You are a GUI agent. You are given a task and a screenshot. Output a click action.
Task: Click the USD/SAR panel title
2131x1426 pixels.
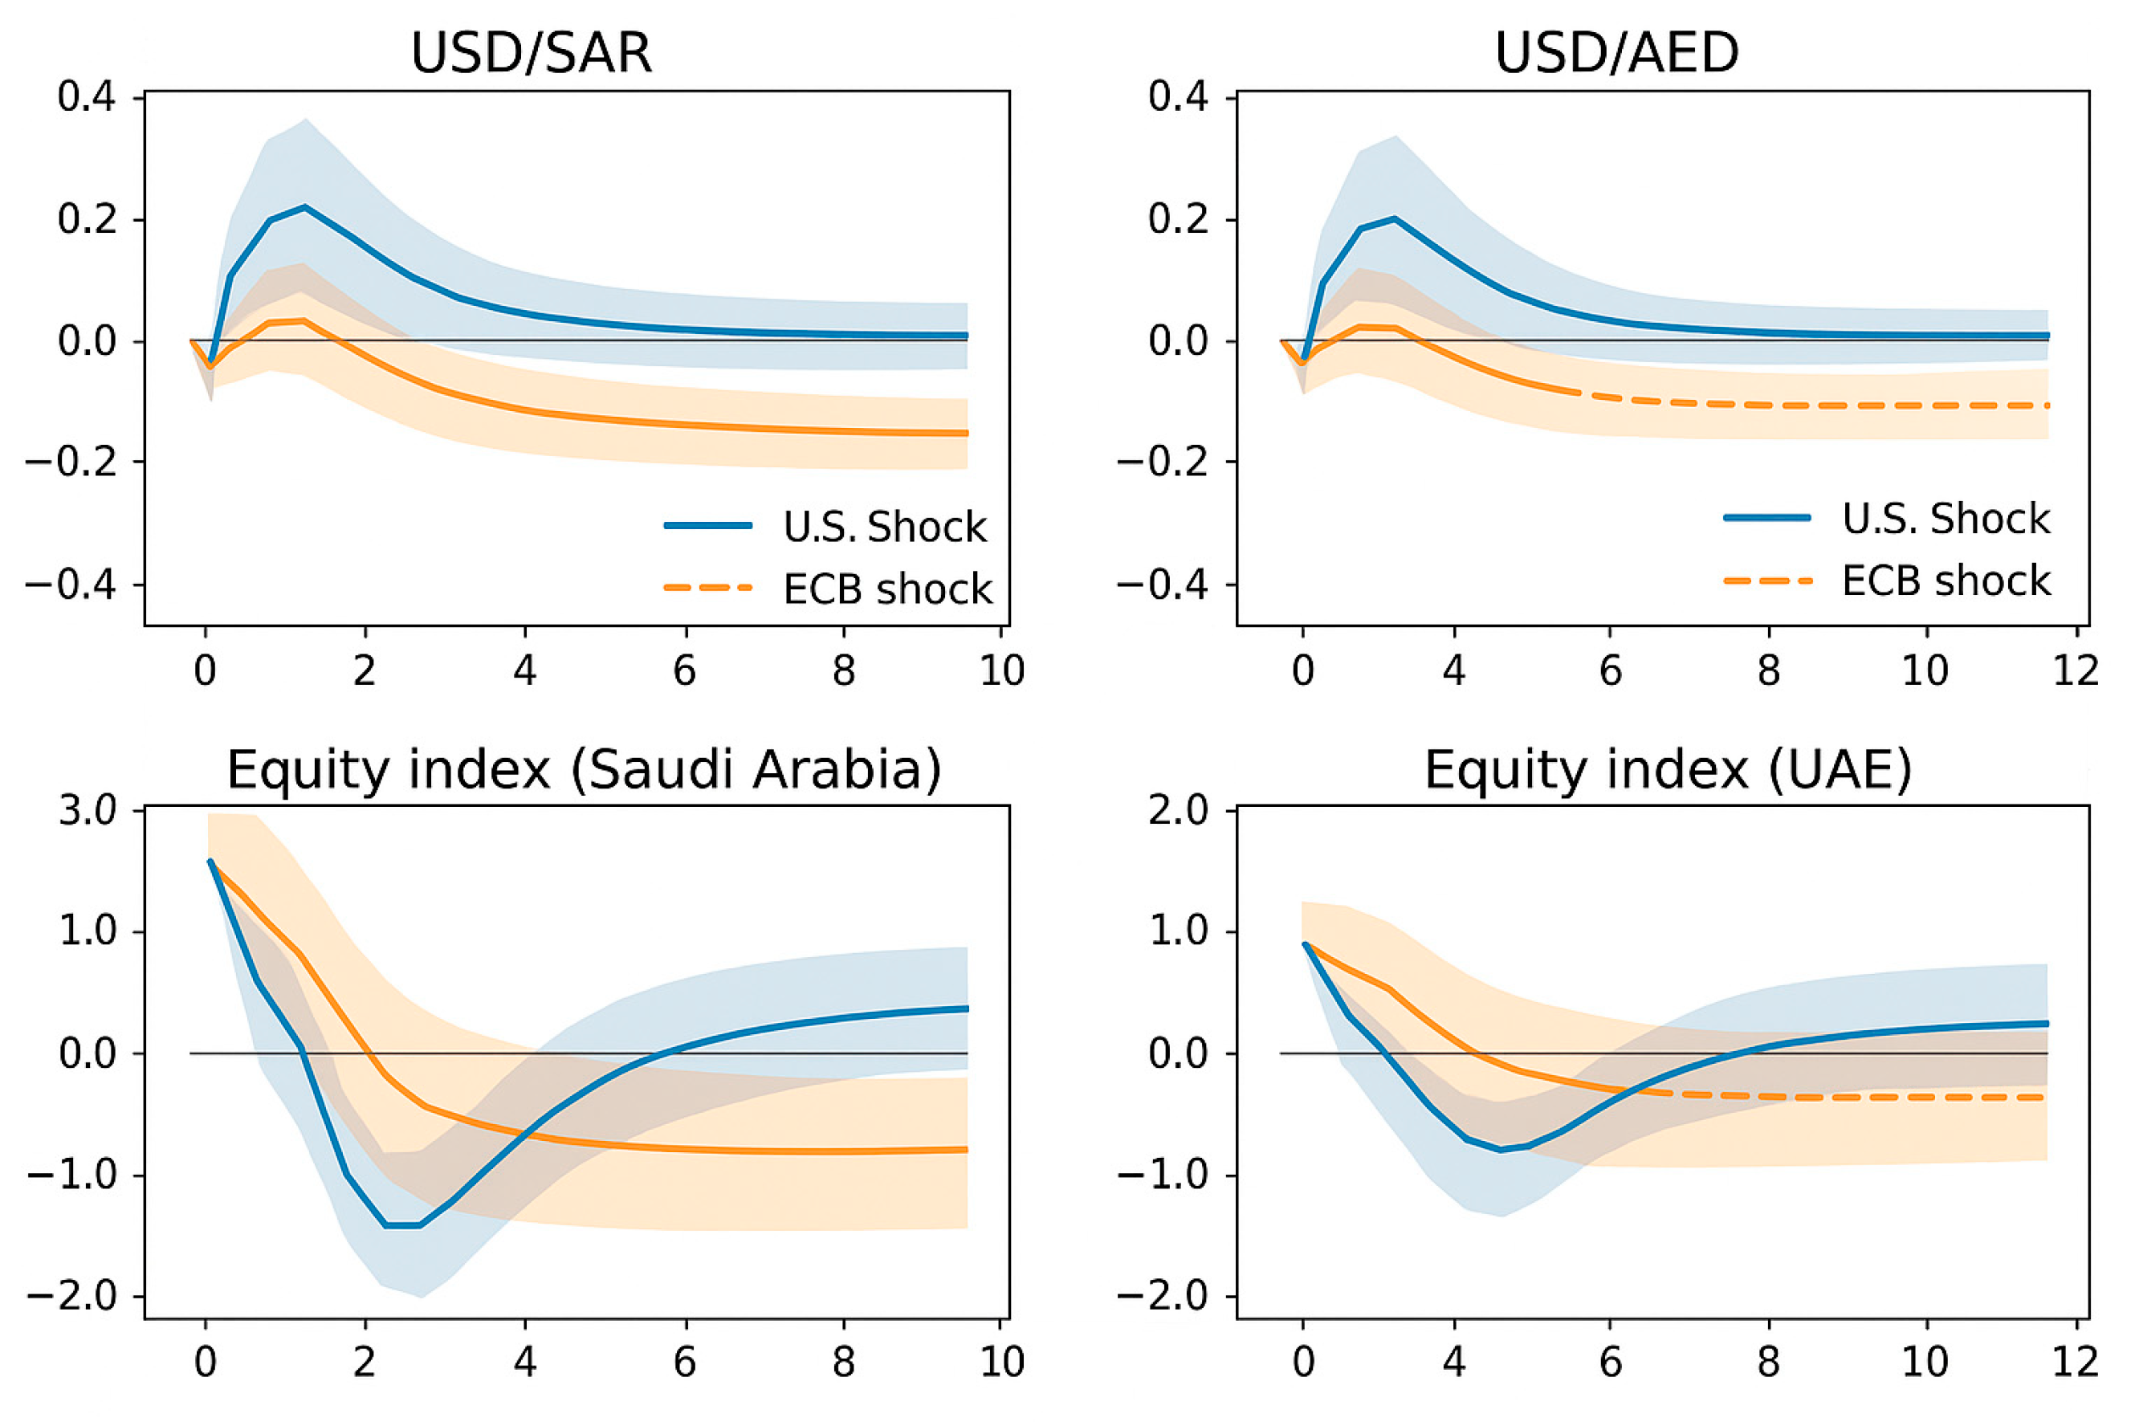coord(532,53)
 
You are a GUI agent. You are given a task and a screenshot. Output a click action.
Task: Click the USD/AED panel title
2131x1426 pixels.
coord(1616,53)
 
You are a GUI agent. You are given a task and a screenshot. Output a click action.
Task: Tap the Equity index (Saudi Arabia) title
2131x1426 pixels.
coord(583,770)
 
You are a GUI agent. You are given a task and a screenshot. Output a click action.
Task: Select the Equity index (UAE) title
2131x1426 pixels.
coord(1667,770)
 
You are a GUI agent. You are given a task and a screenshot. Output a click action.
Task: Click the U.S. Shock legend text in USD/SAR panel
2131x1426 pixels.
coord(884,527)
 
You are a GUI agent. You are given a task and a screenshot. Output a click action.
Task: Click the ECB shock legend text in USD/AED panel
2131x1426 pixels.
coord(1946,581)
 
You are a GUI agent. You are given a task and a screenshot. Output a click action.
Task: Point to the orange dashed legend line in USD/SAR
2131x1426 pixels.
coord(708,589)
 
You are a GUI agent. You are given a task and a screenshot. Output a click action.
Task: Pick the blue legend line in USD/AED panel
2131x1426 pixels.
coord(1766,517)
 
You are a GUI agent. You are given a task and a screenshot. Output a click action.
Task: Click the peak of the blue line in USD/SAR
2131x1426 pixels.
coord(304,206)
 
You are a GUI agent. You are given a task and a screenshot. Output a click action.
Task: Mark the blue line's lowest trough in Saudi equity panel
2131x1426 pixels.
coord(402,1226)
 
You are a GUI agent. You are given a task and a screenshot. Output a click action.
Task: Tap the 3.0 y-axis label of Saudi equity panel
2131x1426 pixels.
coord(88,810)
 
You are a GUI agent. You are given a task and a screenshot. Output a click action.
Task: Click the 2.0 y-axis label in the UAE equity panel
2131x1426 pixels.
coord(1178,810)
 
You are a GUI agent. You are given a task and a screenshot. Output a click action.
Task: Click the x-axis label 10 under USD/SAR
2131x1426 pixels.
coord(1002,671)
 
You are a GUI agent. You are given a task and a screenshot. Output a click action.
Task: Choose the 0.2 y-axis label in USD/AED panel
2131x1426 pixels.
coord(1178,219)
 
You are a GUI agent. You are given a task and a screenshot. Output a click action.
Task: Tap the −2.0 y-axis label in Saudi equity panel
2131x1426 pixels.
coord(73,1296)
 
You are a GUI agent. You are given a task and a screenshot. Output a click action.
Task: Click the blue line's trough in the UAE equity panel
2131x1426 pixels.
coord(1501,1151)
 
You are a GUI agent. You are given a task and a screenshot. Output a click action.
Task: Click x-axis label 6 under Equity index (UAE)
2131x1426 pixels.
coord(1610,1362)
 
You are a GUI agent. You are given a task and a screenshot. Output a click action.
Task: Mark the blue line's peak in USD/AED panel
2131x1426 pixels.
coord(1394,218)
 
